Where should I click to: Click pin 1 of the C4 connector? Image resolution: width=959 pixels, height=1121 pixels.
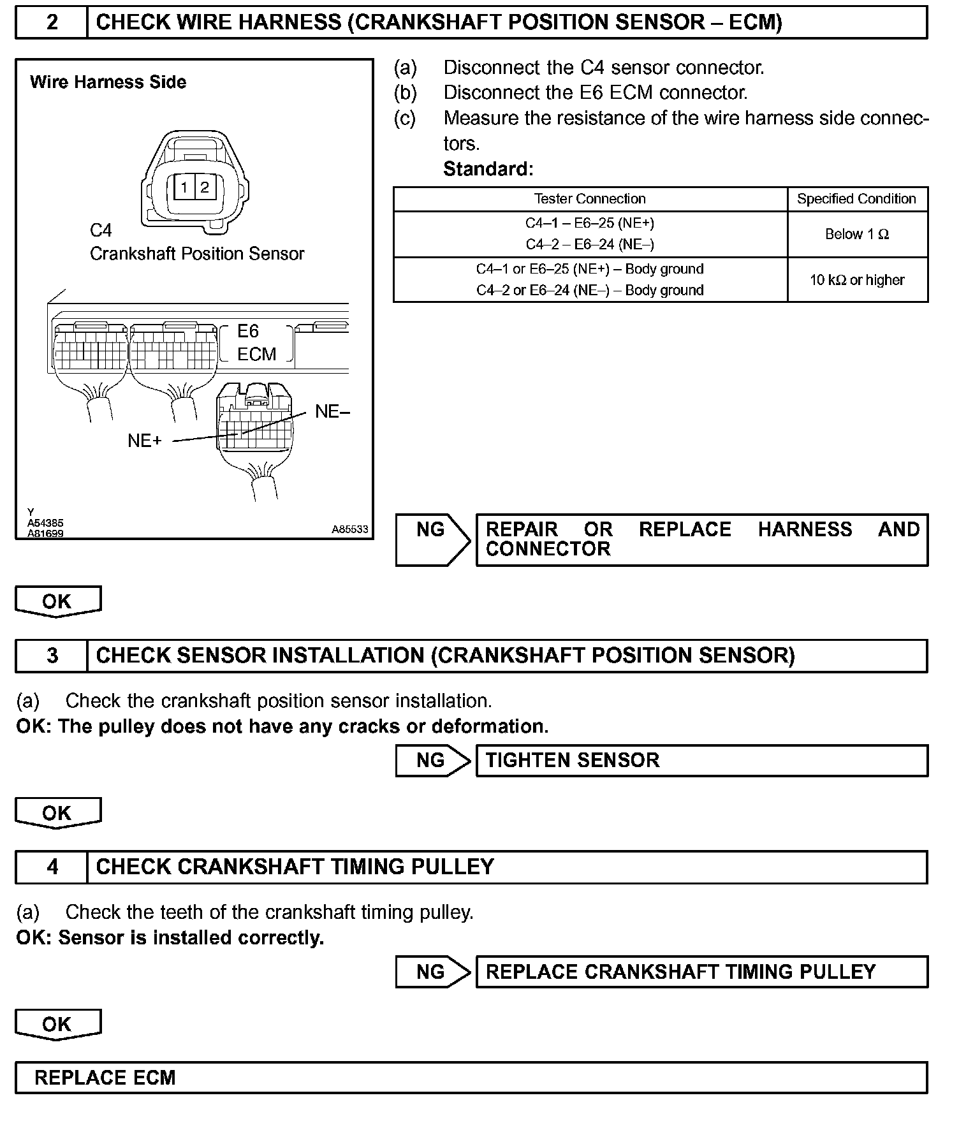click(x=184, y=187)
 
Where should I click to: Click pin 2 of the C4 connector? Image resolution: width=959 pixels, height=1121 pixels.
click(x=204, y=187)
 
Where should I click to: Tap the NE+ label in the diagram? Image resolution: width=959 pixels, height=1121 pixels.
click(x=145, y=441)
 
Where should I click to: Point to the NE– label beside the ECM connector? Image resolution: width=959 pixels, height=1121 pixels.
click(x=332, y=412)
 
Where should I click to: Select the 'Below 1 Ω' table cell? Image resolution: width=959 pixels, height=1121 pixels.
click(x=856, y=235)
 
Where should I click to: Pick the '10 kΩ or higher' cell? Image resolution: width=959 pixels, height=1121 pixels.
click(x=856, y=280)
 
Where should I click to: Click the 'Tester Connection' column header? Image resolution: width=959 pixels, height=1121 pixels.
click(x=590, y=199)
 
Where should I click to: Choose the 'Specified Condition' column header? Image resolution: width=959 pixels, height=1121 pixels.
click(x=856, y=199)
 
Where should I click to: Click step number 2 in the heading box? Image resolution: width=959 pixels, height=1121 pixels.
click(x=52, y=23)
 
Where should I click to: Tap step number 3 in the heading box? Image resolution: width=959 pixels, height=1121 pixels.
click(x=52, y=656)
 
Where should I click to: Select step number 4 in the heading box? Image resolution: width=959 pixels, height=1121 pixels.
click(x=52, y=867)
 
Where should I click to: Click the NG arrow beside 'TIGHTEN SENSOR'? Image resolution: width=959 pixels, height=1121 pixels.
click(x=432, y=760)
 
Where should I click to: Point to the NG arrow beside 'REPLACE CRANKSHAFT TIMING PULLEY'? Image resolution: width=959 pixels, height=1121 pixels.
click(x=432, y=972)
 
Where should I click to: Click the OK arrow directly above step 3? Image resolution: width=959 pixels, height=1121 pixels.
click(x=57, y=601)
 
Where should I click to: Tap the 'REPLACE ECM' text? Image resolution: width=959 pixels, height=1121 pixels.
click(x=105, y=1078)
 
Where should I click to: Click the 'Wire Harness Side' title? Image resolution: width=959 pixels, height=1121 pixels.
click(x=108, y=82)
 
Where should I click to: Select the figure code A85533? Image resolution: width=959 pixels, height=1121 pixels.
click(x=349, y=529)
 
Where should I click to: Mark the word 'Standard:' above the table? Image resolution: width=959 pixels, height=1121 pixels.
click(x=488, y=169)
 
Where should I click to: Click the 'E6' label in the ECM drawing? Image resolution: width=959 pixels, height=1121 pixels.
click(x=248, y=331)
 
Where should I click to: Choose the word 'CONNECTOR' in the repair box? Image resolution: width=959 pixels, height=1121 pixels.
click(x=548, y=549)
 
